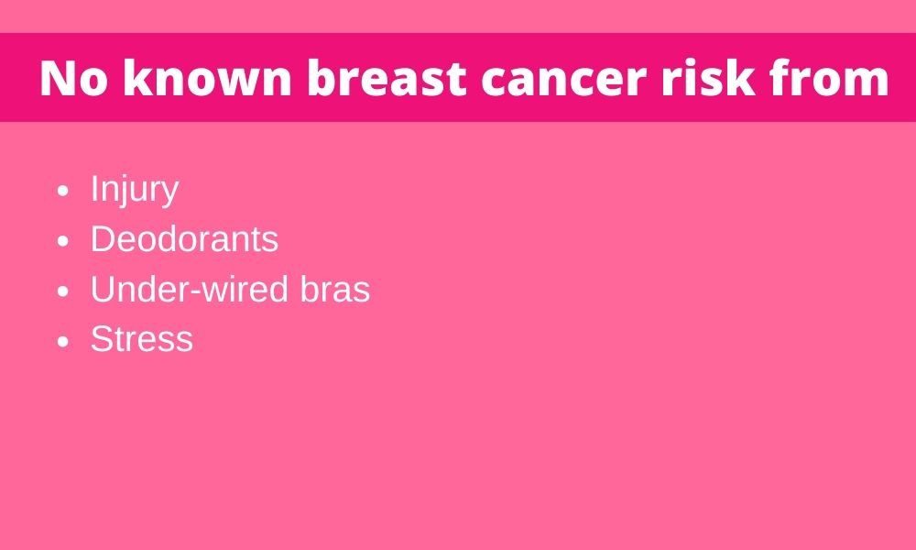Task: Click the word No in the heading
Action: tap(74, 78)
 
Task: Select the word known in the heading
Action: tap(207, 77)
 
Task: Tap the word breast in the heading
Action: tap(387, 77)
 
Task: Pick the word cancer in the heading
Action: tap(563, 81)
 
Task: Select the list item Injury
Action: tap(135, 190)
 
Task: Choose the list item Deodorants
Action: tap(184, 239)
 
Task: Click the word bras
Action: tap(335, 289)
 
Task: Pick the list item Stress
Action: tap(141, 339)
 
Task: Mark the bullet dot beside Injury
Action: tap(64, 192)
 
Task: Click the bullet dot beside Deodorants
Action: tap(64, 241)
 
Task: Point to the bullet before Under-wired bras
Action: tap(64, 291)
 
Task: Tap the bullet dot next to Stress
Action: tap(64, 341)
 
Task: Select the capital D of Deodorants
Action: tap(104, 239)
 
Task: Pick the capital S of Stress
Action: tap(102, 339)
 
